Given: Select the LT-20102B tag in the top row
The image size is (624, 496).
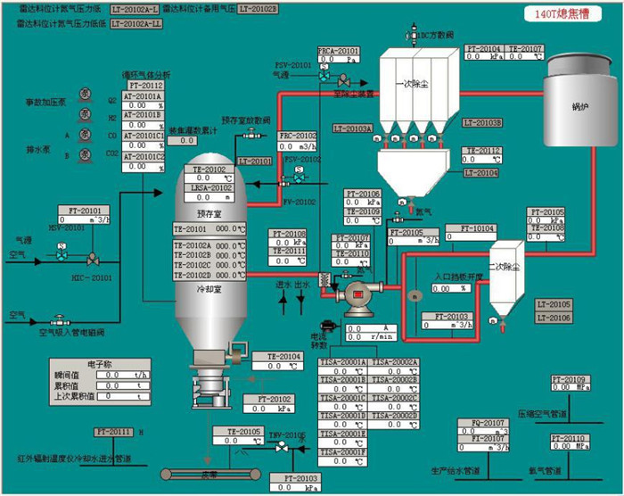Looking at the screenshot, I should pos(259,9).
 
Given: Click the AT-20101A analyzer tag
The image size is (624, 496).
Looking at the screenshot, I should pos(143,95).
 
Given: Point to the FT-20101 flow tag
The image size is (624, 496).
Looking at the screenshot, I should pos(86,211).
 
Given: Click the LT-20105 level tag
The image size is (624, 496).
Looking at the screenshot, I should pos(553,305).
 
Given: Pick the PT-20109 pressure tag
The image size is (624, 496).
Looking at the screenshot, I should pos(569,380).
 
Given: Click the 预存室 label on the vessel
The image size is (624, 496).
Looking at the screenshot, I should pos(209,215).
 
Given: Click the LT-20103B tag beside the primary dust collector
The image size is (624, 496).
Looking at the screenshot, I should pos(482,122).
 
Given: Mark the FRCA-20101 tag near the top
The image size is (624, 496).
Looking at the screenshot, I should pos(338,52).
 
